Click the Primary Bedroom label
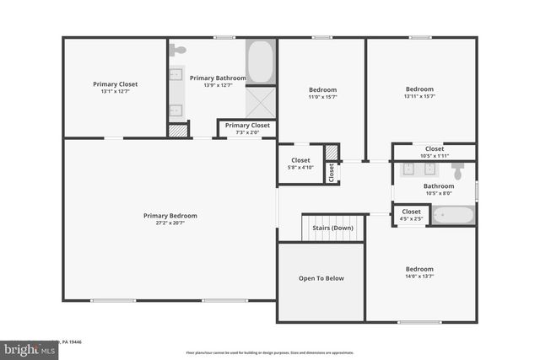tap(170, 219)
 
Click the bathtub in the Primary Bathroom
tap(260, 61)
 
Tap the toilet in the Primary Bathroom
tap(177, 51)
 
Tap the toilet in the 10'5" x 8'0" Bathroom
tap(458, 171)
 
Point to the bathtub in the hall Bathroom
tap(453, 214)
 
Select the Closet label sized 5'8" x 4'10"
tap(300, 164)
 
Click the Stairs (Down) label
tap(332, 228)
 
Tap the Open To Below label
tap(321, 278)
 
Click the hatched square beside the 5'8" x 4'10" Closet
tap(332, 152)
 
